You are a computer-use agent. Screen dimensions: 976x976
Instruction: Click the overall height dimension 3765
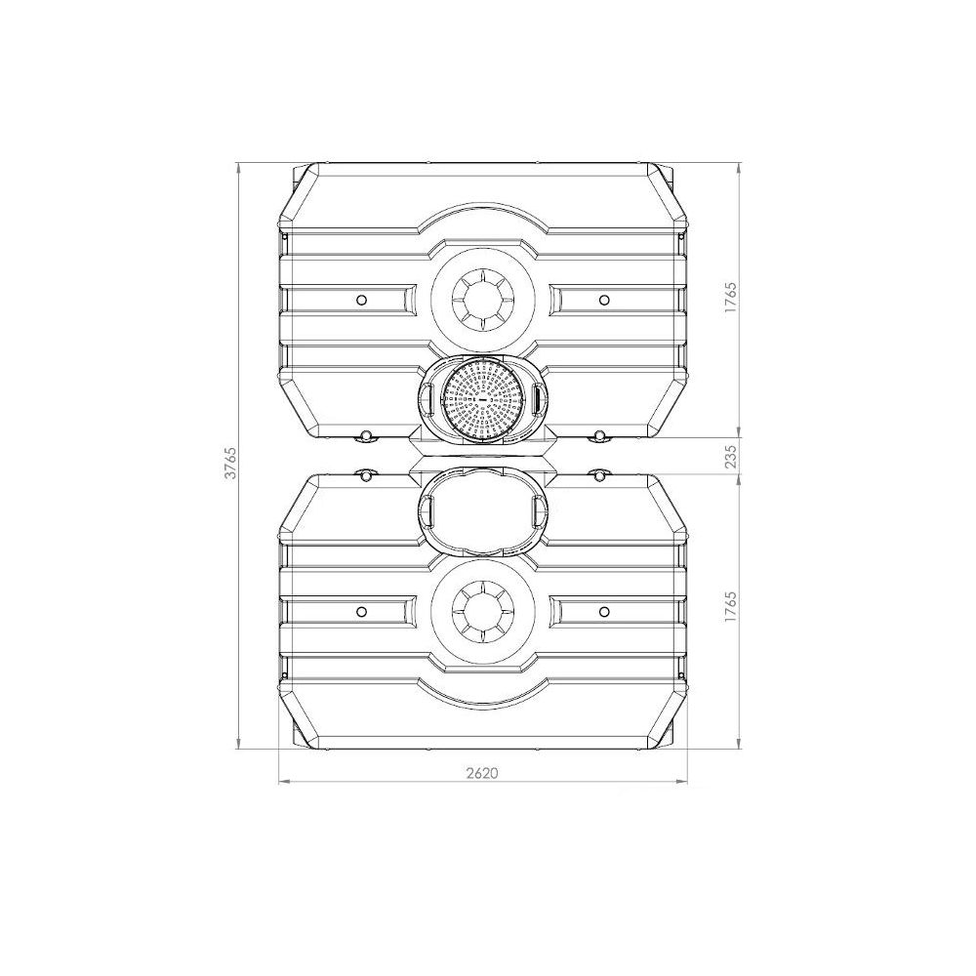click(230, 463)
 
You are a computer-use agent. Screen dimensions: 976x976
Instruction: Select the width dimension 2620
click(482, 772)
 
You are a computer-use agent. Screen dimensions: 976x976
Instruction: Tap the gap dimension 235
click(730, 455)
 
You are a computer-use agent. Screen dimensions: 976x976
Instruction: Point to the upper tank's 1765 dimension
click(730, 298)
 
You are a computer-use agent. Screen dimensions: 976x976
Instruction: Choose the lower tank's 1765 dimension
click(730, 607)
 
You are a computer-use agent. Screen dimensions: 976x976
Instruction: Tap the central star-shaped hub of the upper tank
click(482, 300)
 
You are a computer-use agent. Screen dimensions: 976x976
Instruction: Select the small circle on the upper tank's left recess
click(361, 300)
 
